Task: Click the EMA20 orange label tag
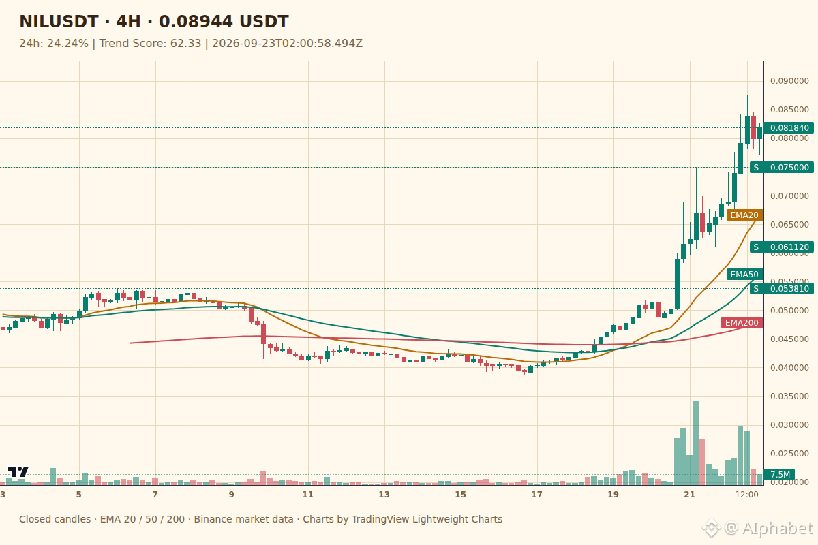744,215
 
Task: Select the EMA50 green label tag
744,274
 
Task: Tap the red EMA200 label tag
742,323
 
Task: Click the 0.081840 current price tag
789,128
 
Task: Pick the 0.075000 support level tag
782,167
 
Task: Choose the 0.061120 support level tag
782,247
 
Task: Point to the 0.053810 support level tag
782,289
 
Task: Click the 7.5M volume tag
780,475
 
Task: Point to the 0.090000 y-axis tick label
789,81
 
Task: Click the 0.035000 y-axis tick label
789,396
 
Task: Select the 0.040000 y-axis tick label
789,368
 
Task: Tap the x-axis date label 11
308,495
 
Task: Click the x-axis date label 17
537,495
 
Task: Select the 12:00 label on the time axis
747,495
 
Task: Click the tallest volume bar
696,443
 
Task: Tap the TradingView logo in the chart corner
18,471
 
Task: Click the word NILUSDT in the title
59,22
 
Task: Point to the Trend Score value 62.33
185,44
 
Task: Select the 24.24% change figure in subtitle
67,44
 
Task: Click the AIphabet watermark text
778,528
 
